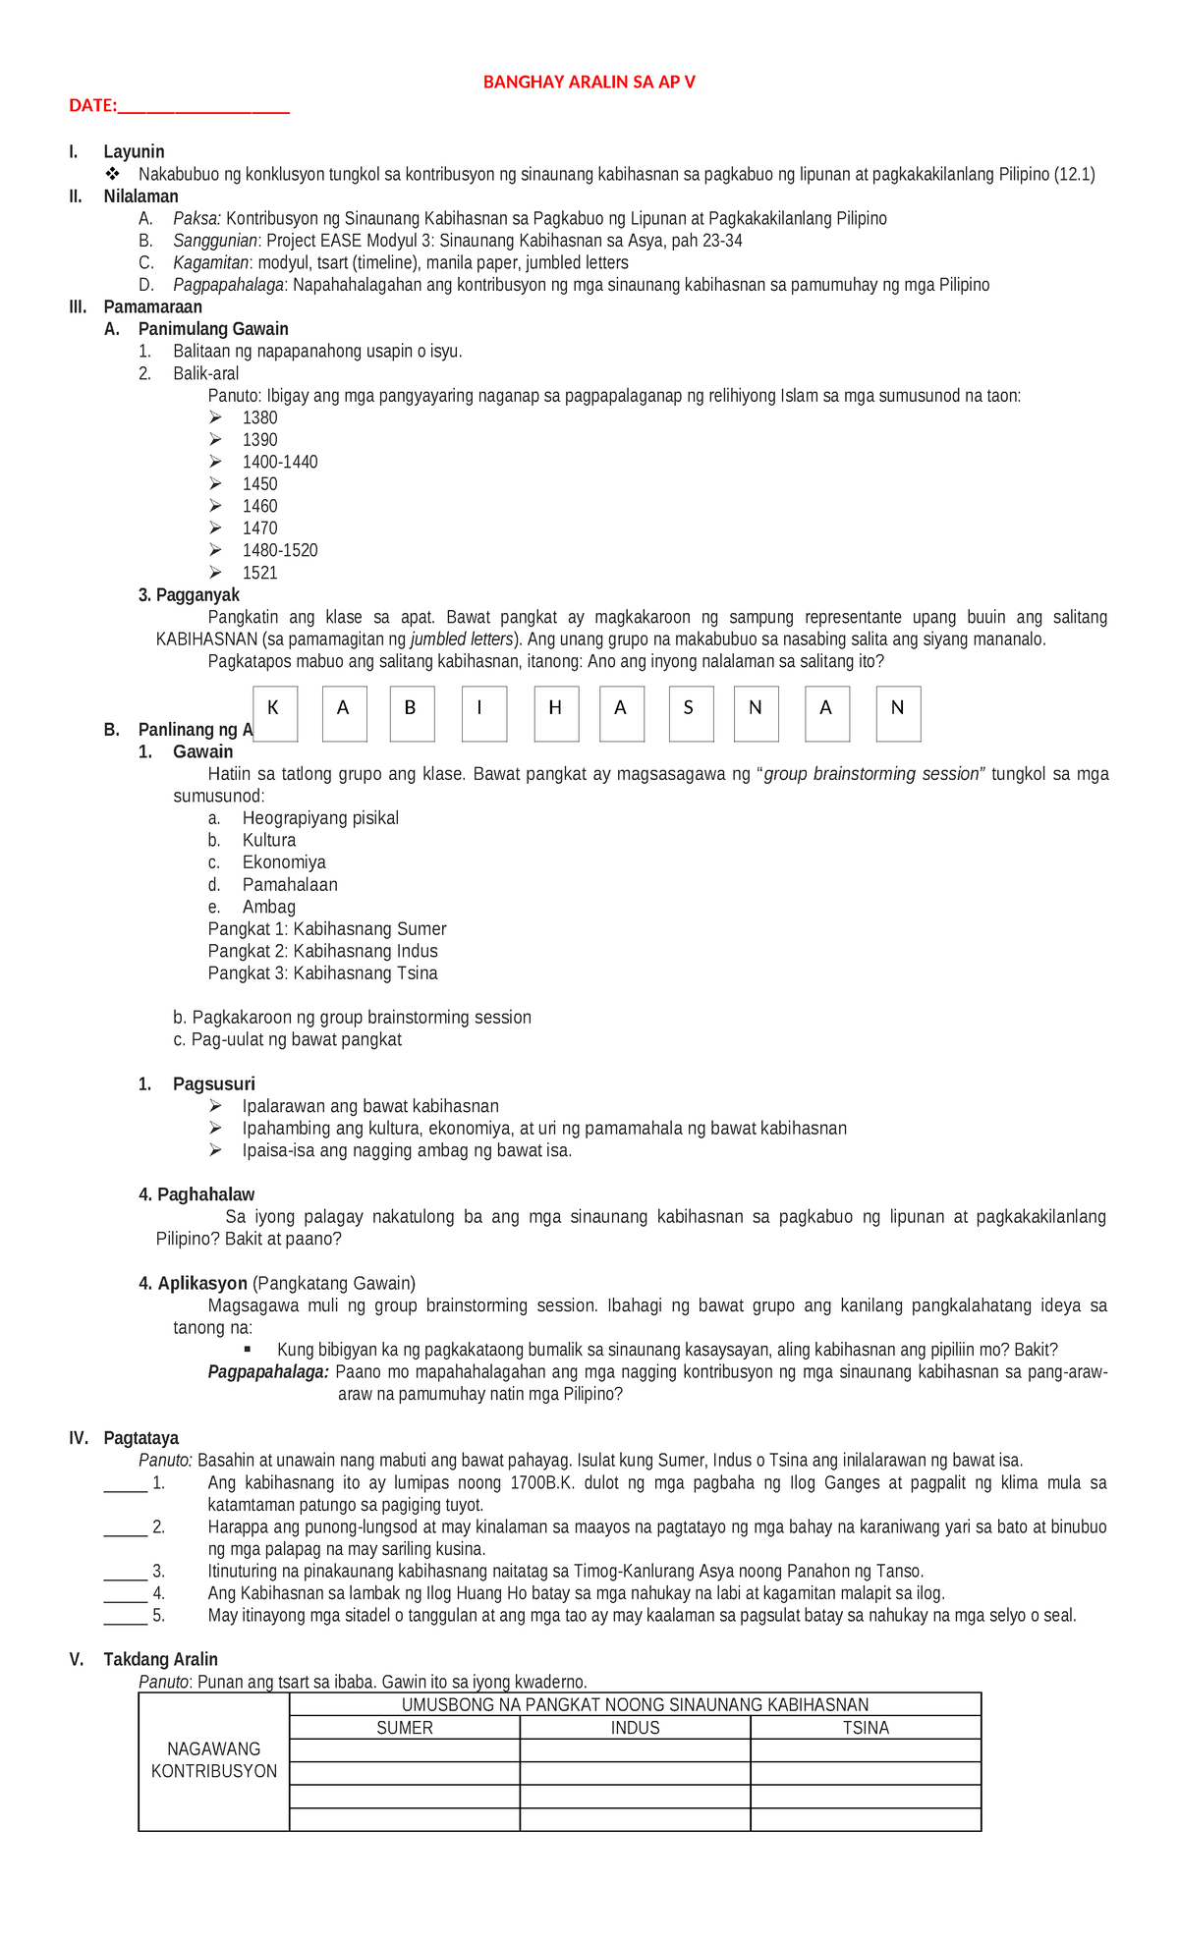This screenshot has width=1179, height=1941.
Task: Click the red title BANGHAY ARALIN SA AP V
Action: [589, 83]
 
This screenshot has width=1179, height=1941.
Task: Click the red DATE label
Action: [93, 106]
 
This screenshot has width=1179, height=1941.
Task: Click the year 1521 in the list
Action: [259, 573]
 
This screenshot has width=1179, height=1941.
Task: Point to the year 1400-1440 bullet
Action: [279, 462]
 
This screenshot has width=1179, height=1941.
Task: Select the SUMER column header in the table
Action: [405, 1728]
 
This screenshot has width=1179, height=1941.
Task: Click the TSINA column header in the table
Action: [866, 1728]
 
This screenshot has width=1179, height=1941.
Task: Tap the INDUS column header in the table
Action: [635, 1728]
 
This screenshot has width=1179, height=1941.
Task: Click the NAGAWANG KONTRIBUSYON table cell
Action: [214, 1760]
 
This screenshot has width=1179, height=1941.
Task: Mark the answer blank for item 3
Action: [125, 1571]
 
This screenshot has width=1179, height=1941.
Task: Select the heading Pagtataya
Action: [140, 1438]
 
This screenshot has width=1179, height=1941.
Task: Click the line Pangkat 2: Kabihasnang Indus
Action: [322, 951]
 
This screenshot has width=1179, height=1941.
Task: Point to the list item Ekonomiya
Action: [283, 862]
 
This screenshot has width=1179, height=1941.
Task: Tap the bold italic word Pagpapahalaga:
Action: [267, 1371]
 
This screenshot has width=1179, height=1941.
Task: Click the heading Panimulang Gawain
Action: [213, 329]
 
